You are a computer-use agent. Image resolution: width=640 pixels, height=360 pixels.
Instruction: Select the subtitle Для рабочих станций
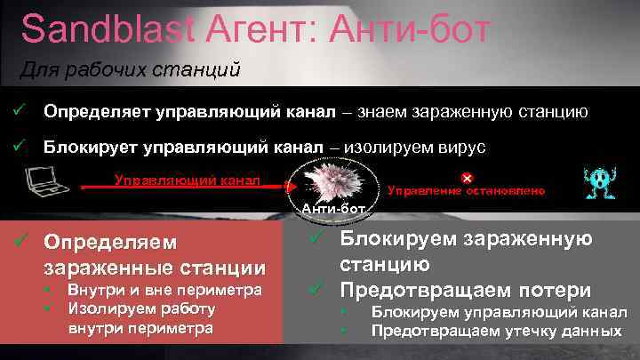(131, 71)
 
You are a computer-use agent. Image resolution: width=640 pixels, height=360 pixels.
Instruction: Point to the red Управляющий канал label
(187, 180)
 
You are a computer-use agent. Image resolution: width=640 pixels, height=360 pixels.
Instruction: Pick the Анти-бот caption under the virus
(334, 209)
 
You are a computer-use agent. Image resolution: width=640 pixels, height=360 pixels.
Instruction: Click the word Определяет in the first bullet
(98, 113)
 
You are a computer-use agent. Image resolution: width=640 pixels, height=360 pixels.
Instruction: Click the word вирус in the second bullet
(462, 147)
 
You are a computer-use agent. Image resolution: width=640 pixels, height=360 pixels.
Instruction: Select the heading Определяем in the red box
(111, 242)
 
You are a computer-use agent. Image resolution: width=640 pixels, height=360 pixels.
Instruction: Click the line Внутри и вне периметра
(164, 290)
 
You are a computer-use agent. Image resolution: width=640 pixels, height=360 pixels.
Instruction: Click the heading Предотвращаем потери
(466, 290)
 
